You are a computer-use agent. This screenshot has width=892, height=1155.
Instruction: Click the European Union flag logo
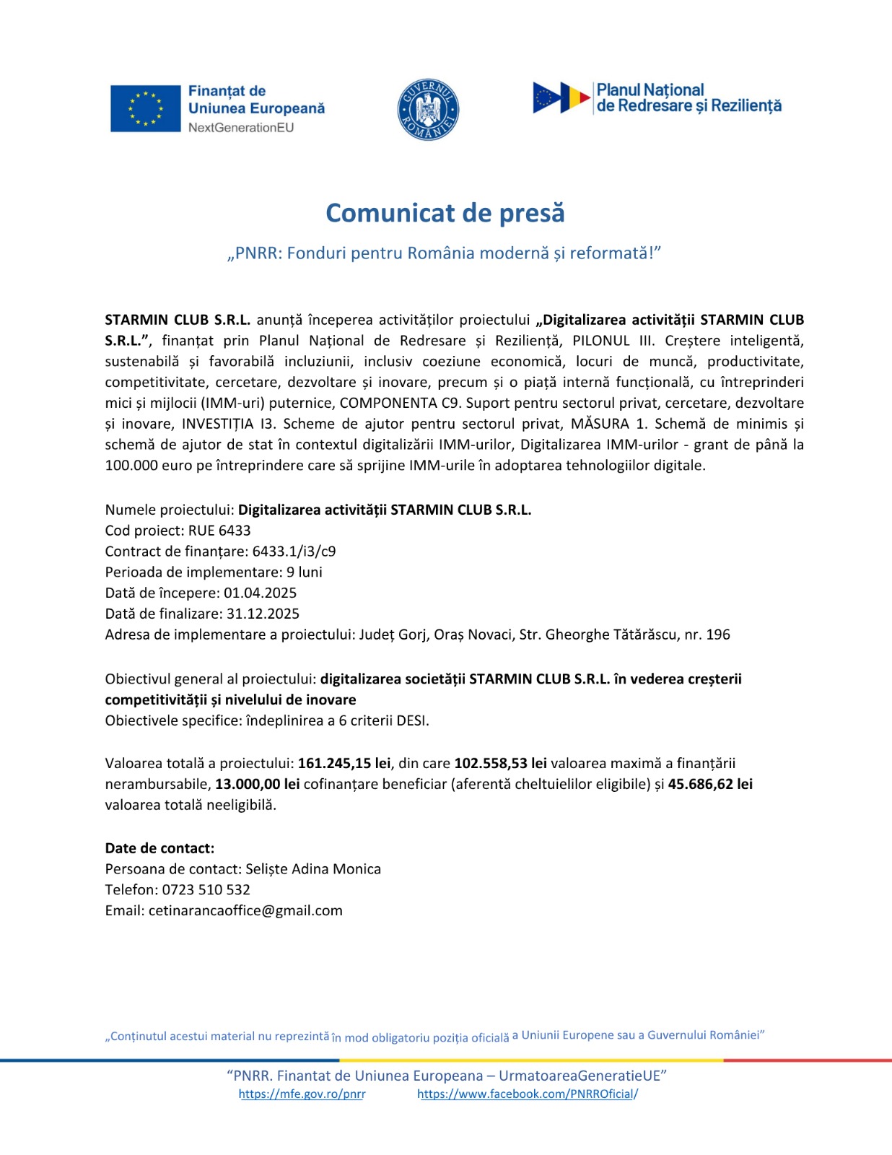145,108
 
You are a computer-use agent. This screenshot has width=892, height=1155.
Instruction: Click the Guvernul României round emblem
428,110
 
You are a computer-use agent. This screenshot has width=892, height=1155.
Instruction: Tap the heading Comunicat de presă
445,213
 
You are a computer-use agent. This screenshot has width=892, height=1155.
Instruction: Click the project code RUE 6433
219,531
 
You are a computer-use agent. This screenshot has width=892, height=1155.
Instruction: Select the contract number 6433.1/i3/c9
294,552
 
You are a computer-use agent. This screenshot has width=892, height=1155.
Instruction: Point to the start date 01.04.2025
260,593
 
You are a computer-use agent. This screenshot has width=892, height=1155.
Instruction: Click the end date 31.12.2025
263,614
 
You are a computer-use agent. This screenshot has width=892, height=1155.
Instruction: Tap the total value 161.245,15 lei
344,763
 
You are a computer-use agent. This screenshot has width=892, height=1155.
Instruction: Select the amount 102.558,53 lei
500,763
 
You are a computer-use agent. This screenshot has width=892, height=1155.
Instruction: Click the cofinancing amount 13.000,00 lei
257,784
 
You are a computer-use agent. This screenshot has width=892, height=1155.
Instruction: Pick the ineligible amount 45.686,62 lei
710,784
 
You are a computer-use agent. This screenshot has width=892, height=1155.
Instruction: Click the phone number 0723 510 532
206,890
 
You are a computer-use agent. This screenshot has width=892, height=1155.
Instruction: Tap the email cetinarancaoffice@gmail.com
245,911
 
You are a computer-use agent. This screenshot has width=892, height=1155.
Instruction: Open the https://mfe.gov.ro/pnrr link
302,1094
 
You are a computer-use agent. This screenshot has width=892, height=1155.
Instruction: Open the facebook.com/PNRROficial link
527,1094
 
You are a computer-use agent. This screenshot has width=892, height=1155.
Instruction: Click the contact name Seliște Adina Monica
313,869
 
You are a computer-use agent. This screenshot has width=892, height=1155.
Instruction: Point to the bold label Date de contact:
159,848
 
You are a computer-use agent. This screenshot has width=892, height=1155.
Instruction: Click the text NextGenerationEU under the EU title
241,128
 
